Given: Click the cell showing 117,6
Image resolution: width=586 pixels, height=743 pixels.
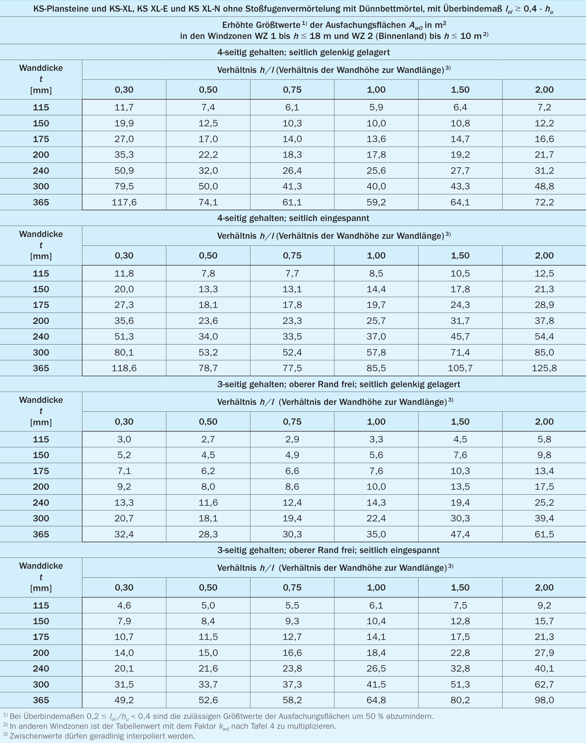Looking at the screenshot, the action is (124, 202).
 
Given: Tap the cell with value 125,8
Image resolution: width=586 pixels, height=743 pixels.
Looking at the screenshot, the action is (544, 368).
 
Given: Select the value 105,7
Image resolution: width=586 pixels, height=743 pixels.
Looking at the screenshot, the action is (460, 368).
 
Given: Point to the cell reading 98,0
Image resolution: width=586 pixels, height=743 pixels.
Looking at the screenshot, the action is (544, 700).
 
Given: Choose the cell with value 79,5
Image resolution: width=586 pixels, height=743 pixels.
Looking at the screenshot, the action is (124, 186).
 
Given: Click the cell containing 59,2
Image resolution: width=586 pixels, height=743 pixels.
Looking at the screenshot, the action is (376, 202).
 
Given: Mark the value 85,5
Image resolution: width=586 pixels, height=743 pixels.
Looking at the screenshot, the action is (376, 368).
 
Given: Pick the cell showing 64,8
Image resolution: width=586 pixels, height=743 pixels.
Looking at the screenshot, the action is (376, 700).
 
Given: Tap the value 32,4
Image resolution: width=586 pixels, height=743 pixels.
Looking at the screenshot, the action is (124, 534).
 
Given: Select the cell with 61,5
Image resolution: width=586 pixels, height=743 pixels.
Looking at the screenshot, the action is (544, 534).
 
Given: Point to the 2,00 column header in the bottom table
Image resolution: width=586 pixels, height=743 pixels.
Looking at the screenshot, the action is (544, 587).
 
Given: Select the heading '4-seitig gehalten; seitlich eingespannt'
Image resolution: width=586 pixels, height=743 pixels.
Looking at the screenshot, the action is (293, 218).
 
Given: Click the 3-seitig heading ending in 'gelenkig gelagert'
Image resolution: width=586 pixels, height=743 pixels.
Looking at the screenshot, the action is (339, 384).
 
